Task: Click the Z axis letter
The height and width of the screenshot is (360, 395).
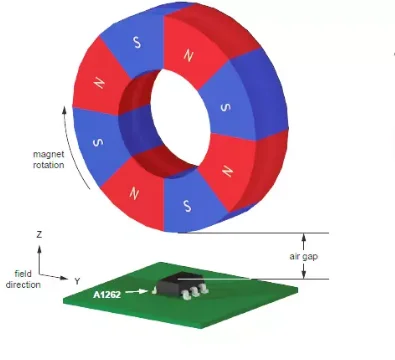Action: click(38, 234)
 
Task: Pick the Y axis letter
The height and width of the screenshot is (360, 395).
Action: click(76, 282)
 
